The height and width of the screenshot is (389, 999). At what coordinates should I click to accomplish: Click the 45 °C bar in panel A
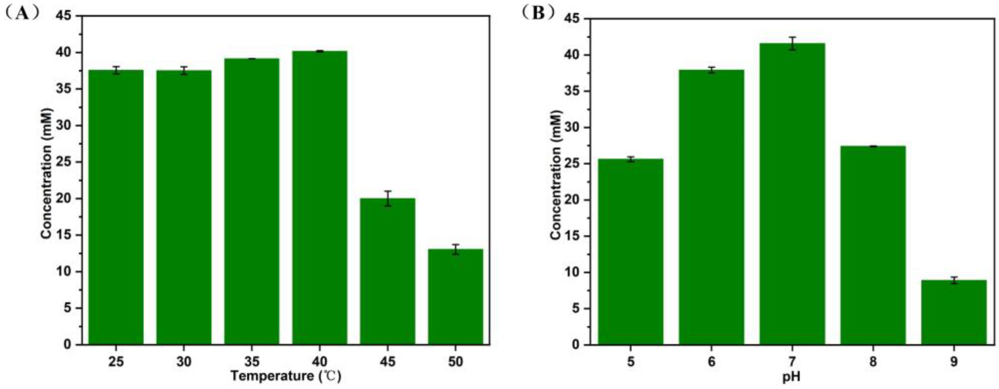pos(388,272)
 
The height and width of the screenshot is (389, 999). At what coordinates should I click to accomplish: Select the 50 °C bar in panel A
pos(455,297)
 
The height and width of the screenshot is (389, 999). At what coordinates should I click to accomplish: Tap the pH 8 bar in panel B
pos(873,244)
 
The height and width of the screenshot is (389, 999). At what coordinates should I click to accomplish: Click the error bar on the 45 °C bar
pos(388,198)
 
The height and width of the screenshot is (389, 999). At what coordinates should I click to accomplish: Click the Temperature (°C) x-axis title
pos(286,376)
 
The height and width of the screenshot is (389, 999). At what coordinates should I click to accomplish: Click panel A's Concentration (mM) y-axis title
pos(46,173)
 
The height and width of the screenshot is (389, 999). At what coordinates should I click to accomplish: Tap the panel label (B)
pos(538,14)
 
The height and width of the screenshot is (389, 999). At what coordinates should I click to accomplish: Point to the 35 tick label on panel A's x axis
pos(252,362)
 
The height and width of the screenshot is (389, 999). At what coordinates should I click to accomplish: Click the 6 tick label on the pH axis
pos(711,362)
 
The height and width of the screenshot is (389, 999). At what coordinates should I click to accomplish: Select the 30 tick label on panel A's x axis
pos(184,362)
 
